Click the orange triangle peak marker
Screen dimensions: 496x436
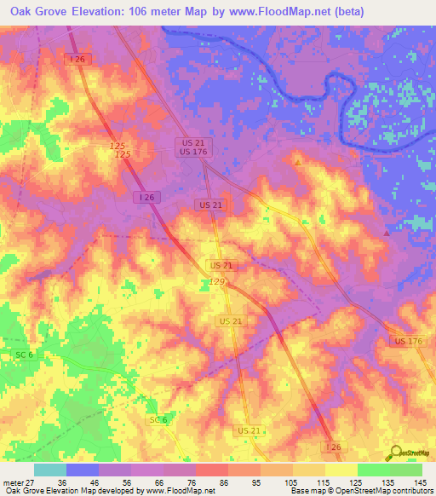297,160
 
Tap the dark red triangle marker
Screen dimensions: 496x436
387,232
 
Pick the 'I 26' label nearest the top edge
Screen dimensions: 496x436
77,58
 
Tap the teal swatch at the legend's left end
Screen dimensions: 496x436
50,470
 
